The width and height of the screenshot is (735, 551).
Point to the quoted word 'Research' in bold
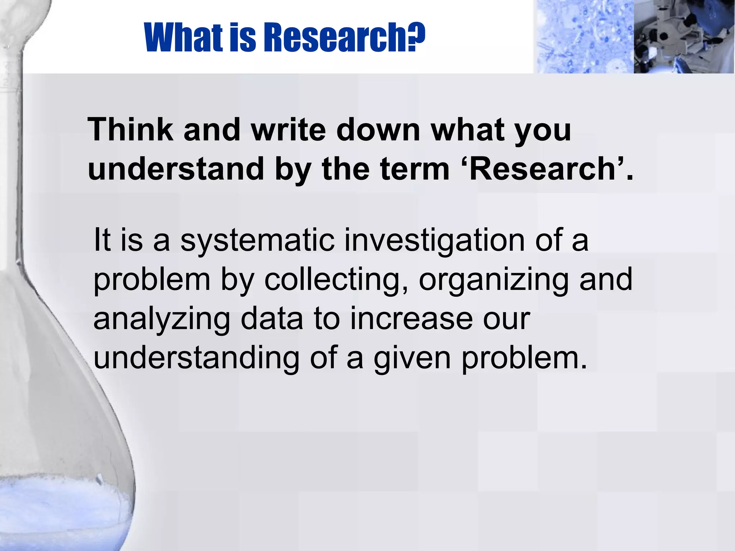[542, 169]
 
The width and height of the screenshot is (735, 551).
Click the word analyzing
[161, 319]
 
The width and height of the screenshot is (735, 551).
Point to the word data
[272, 319]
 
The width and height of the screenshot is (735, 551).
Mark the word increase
[411, 319]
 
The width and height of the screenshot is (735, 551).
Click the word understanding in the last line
[196, 358]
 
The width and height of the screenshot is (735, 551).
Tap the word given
[412, 358]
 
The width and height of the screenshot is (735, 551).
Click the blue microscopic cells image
[583, 37]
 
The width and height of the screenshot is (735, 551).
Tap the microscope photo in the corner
[684, 37]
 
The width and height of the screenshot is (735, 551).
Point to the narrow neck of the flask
[11, 143]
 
